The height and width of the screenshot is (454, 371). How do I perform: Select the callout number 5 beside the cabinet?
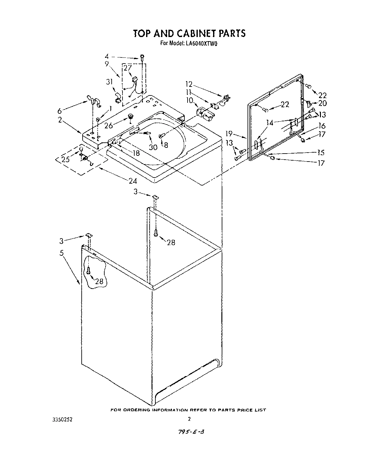pyautogui.click(x=61, y=252)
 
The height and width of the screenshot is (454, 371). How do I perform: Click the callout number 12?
pyautogui.click(x=189, y=84)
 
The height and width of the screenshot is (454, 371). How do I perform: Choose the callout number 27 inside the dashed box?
pyautogui.click(x=128, y=68)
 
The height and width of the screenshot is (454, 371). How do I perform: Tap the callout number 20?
pyautogui.click(x=323, y=103)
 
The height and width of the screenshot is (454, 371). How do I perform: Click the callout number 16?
pyautogui.click(x=322, y=126)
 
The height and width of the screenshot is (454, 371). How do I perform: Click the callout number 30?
pyautogui.click(x=153, y=147)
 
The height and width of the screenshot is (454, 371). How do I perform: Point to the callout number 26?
pyautogui.click(x=109, y=125)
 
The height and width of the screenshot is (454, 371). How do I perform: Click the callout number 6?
pyautogui.click(x=60, y=111)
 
